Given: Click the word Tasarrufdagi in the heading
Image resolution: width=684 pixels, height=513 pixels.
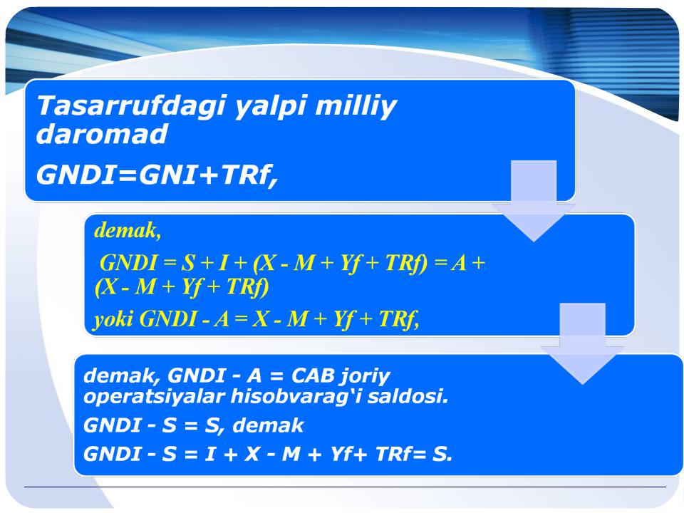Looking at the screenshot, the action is [131, 106].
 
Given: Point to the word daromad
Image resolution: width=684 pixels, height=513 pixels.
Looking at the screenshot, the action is [102, 133].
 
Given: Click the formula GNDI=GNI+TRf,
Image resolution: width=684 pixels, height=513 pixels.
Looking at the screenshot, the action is [157, 175].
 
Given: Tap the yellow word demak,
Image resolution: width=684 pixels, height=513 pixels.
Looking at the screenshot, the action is [128, 230].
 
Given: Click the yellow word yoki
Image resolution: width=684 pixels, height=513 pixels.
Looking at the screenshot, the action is [113, 319].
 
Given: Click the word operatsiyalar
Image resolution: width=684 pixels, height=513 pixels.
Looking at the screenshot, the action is [154, 397].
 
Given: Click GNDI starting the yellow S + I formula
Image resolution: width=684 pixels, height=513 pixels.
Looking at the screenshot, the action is [128, 263].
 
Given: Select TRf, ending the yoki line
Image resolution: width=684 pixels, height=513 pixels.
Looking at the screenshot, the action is [399, 319].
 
